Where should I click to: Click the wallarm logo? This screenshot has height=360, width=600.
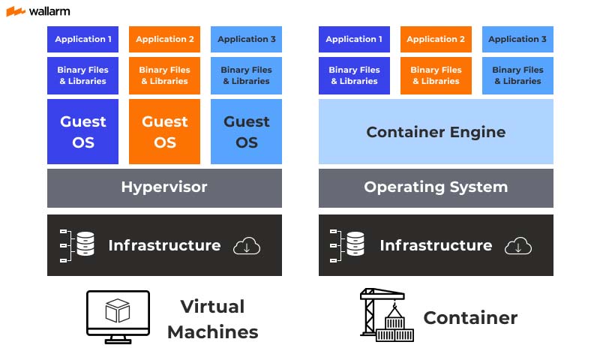(38, 11)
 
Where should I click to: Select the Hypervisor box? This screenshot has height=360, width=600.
(164, 187)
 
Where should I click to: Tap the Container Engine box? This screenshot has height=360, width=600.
(436, 132)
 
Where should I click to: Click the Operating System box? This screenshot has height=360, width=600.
(436, 187)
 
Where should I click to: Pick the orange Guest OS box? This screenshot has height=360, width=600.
(165, 131)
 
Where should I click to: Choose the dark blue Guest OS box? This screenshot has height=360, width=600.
(82, 131)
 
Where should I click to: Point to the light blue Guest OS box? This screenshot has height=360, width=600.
(247, 131)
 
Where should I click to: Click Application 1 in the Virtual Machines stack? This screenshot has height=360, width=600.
(82, 39)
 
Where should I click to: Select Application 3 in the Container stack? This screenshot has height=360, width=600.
(517, 39)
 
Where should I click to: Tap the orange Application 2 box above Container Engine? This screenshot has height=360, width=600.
(436, 39)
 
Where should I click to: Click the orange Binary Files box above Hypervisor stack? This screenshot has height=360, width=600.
(165, 75)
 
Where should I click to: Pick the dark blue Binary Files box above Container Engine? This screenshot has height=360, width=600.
(354, 75)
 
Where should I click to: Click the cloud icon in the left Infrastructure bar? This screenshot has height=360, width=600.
(247, 246)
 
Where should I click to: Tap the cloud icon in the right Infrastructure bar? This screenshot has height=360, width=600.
(518, 246)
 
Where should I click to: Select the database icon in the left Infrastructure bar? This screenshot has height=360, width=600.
(85, 244)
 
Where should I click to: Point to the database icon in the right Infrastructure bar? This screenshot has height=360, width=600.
(355, 244)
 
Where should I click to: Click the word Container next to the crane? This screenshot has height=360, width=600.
(470, 318)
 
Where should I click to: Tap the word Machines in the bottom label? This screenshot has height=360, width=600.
(212, 332)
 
